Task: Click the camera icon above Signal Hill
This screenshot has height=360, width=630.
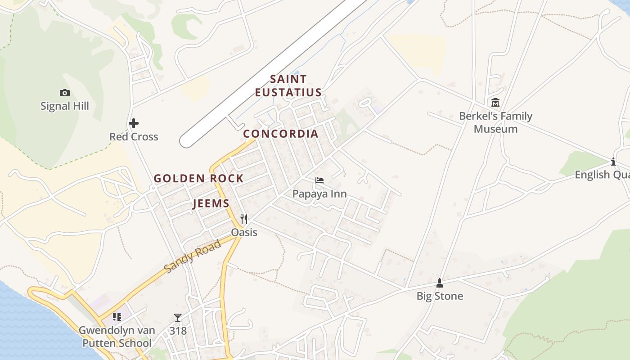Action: point(65,93)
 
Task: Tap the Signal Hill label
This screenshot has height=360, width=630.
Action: point(65,106)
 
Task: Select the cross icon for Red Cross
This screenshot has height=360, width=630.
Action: point(134,123)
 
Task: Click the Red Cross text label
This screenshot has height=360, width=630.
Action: point(134,137)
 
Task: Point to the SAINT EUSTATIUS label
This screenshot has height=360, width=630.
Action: point(288,86)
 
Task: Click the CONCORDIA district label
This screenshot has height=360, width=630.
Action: point(281,134)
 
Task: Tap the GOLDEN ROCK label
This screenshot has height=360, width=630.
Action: point(199,179)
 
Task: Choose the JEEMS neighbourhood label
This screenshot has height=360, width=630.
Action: point(211,204)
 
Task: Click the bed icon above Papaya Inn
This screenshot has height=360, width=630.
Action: point(319,180)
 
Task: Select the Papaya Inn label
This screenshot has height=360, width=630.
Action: point(319,194)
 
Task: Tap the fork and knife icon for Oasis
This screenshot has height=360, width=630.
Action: point(244,219)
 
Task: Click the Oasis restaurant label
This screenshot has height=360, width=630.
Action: point(244,232)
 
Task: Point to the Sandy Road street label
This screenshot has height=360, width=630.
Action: point(193,256)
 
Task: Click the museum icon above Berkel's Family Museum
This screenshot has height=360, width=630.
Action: point(495,103)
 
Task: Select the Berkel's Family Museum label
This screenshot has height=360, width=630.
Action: point(495,122)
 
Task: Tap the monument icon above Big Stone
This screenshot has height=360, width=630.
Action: point(440,283)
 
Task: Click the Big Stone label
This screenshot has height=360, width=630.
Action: point(440,296)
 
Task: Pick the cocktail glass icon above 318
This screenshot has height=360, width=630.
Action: point(178,318)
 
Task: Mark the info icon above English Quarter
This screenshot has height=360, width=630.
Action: point(613,162)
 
